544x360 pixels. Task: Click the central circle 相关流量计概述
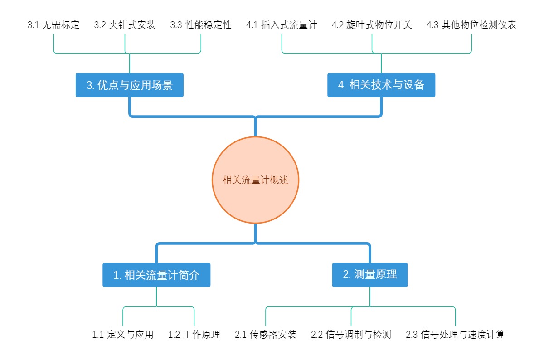click(256, 180)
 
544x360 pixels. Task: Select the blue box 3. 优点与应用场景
click(130, 85)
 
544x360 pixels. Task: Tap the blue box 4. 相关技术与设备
click(381, 85)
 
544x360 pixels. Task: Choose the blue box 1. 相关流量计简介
click(156, 275)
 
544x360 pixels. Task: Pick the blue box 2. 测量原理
click(370, 275)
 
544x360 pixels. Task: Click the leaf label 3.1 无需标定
click(53, 25)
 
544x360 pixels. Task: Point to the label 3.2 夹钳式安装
click(125, 25)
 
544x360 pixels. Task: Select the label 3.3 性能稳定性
click(201, 25)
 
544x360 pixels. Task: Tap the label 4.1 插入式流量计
click(282, 25)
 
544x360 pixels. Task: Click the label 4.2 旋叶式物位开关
click(372, 25)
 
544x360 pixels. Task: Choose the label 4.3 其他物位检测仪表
click(471, 25)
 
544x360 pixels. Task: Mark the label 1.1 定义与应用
click(123, 335)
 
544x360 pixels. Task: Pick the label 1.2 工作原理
click(194, 335)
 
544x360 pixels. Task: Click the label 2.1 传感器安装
click(266, 335)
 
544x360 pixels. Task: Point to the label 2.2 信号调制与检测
click(351, 335)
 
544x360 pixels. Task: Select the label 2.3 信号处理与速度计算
click(455, 335)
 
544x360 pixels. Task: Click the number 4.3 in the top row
click(432, 25)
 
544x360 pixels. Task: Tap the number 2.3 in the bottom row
click(412, 335)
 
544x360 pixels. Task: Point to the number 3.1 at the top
click(33, 25)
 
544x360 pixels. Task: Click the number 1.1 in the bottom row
click(98, 335)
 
